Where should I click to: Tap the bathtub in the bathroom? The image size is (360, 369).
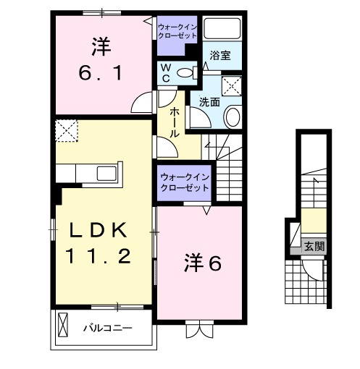[222, 29]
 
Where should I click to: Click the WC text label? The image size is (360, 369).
[164, 72]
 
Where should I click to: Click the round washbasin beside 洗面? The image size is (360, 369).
[233, 116]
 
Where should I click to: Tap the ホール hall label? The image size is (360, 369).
[175, 123]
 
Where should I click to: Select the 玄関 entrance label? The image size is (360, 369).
[314, 247]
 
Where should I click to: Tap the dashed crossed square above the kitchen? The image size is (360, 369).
[67, 132]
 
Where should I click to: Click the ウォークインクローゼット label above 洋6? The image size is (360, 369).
[184, 182]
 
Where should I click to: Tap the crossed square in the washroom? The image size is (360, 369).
[232, 85]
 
